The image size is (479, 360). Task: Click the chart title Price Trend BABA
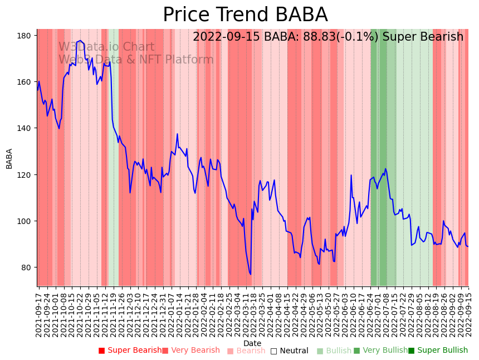pyautogui.click(x=245, y=15)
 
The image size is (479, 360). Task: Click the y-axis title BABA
pyautogui.click(x=9, y=158)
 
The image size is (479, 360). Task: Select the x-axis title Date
pyautogui.click(x=252, y=344)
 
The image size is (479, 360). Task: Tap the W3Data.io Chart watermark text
pyautogui.click(x=106, y=47)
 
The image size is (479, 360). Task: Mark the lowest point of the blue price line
pyautogui.click(x=251, y=274)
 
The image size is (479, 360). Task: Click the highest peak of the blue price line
pyautogui.click(x=80, y=41)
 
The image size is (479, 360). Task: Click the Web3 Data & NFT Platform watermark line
pyautogui.click(x=136, y=60)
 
